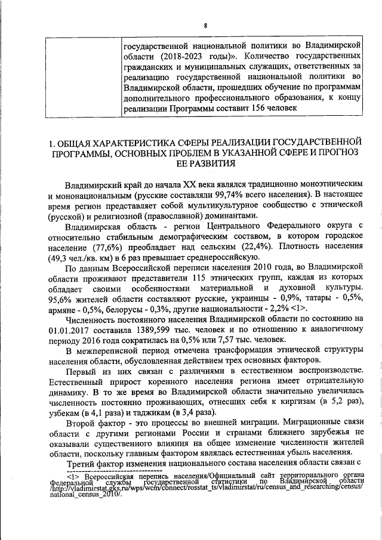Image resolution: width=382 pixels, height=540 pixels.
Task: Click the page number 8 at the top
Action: coord(205,24)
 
